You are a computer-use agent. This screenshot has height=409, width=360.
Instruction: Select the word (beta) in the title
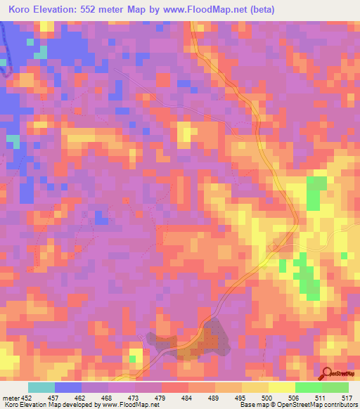click(259, 10)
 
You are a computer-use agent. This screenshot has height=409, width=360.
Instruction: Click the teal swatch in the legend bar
click(41, 387)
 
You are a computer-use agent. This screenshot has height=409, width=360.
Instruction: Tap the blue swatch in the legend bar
click(68, 387)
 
